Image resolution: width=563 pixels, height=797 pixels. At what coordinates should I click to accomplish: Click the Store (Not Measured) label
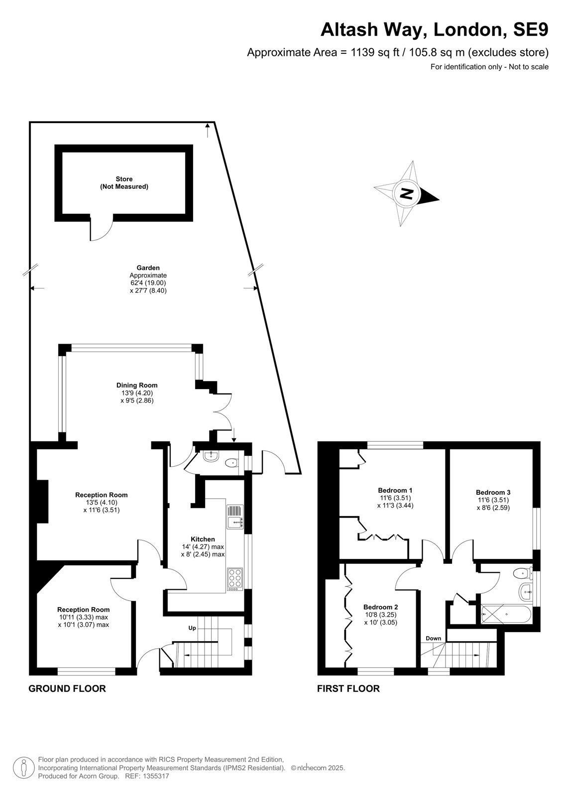[124, 182]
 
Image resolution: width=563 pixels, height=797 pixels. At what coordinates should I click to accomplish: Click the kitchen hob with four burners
[234, 580]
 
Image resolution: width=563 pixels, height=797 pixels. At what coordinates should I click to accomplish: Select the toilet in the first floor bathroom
[522, 573]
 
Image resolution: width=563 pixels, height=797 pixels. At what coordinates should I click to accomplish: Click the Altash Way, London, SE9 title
[434, 29]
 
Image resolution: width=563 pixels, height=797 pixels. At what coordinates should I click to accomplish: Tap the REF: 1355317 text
[147, 776]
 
